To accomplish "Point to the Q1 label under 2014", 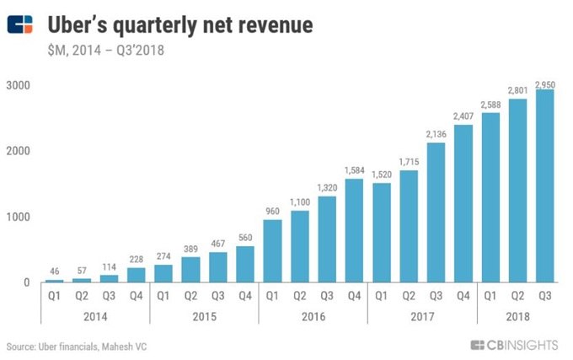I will pos(53,295).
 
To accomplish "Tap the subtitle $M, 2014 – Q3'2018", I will pos(105,50).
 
